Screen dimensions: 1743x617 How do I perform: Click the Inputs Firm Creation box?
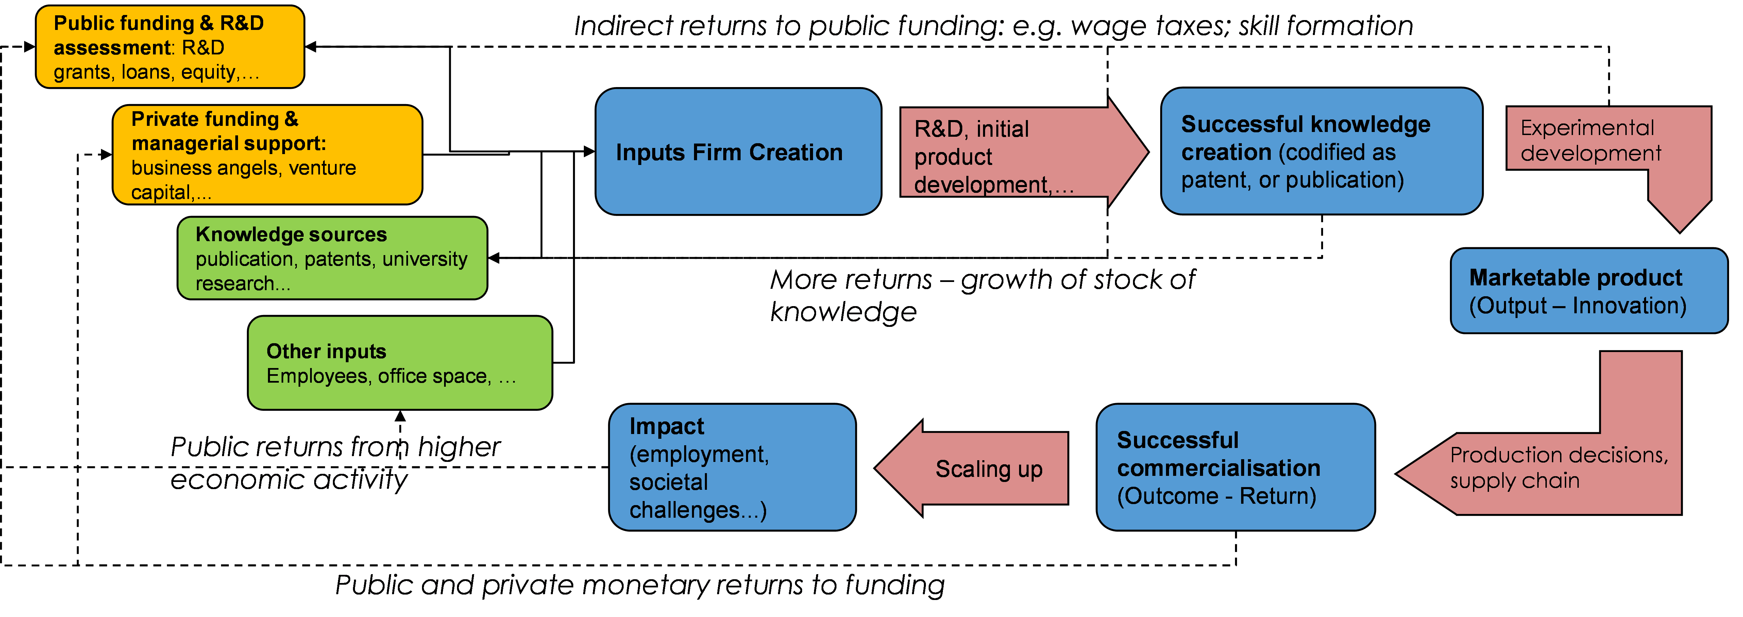(738, 152)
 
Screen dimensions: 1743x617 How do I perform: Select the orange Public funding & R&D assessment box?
(170, 47)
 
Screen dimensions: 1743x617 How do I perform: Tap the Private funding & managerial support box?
(267, 155)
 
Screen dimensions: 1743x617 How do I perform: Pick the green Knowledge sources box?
(332, 258)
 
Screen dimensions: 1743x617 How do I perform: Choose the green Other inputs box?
(400, 363)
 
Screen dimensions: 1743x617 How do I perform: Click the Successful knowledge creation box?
(1321, 151)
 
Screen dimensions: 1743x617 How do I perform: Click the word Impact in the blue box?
(666, 426)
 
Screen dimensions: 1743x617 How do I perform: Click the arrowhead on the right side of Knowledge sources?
(494, 258)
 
